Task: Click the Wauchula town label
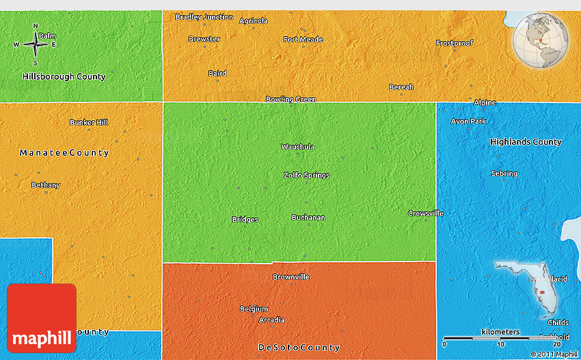[297, 147]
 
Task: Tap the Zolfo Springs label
[306, 175]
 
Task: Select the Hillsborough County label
[64, 77]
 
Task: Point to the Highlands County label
[526, 142]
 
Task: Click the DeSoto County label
[299, 348]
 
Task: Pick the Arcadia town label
[272, 320]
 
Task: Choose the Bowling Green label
[290, 99]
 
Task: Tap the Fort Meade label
[303, 39]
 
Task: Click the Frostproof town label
[455, 43]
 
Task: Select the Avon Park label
[468, 121]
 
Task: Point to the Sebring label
[504, 174]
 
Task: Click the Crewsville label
[425, 213]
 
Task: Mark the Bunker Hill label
[89, 122]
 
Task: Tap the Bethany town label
[46, 185]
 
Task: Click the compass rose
[36, 44]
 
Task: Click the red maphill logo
[42, 318]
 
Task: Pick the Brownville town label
[291, 277]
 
